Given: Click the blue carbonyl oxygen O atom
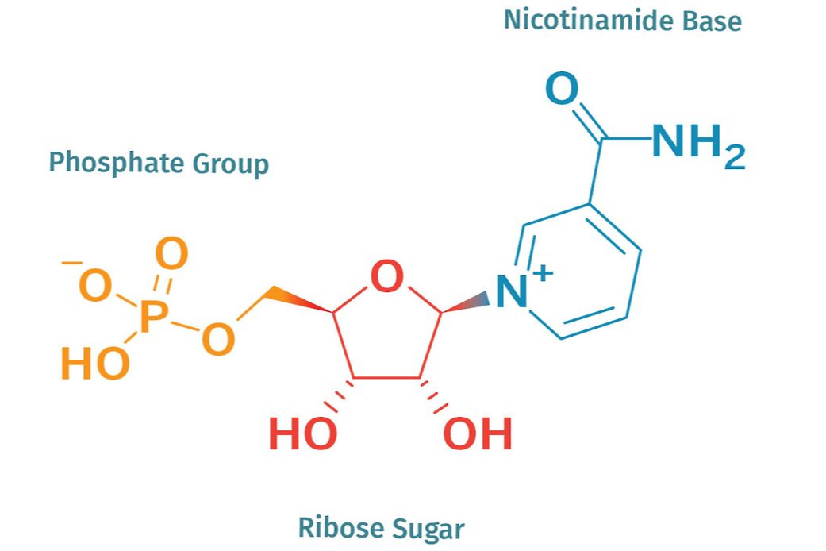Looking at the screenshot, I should [562, 91].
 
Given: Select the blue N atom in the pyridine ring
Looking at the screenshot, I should [512, 292].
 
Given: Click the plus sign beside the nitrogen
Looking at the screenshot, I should [541, 272].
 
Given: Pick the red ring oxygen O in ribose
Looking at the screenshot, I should [387, 278].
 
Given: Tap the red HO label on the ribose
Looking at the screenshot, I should [302, 434].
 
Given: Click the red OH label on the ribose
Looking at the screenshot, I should [478, 434].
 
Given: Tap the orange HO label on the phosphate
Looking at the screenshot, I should [94, 364].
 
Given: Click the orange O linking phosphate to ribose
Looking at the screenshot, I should [218, 339].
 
